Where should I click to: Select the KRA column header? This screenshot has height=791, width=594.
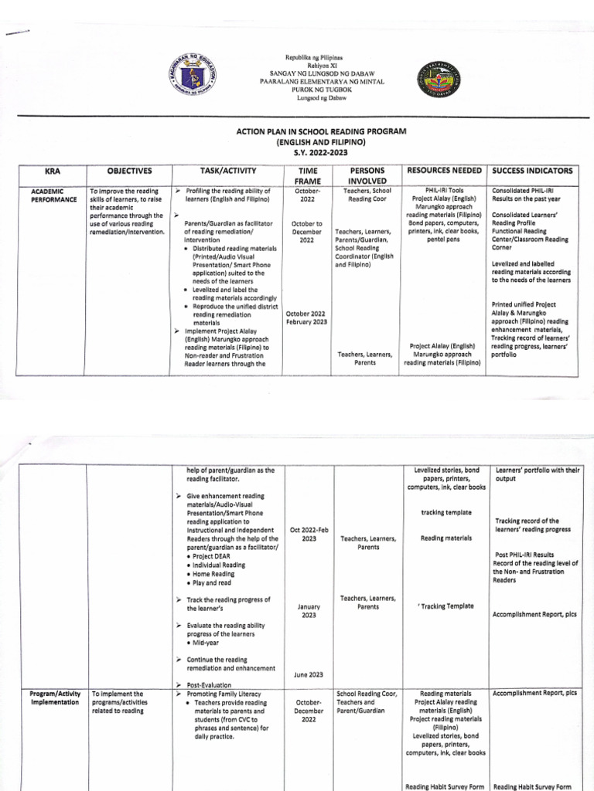click(x=51, y=170)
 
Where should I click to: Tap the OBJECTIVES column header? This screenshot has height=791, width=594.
click(x=129, y=170)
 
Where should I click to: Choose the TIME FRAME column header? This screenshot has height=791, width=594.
click(x=307, y=175)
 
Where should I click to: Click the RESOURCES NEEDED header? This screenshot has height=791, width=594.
click(x=444, y=170)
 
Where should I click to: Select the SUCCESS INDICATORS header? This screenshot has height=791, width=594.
click(x=532, y=170)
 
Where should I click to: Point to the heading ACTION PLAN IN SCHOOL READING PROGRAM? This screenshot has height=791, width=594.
click(x=321, y=132)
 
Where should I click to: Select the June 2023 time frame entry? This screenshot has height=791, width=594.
click(x=308, y=674)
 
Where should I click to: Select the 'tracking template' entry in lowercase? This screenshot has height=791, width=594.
click(x=445, y=512)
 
